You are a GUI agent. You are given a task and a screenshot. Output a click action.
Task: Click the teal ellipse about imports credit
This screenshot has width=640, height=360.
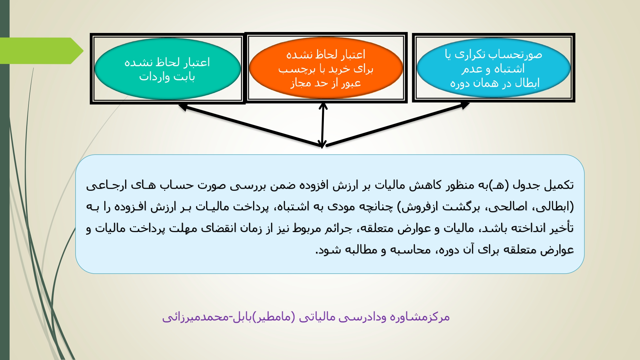pos(167,69)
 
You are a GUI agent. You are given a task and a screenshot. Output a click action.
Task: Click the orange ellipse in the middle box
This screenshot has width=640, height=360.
pos(326,68)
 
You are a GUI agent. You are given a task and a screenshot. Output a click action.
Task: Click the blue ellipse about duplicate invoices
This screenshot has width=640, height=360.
pos(493,68)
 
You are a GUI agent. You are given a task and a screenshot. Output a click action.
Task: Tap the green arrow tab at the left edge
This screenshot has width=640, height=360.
pos(42,51)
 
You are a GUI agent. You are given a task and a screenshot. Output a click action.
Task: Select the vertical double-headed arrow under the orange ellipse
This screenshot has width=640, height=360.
pos(323,125)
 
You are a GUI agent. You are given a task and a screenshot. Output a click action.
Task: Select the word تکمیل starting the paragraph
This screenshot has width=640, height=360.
pos(559,185)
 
